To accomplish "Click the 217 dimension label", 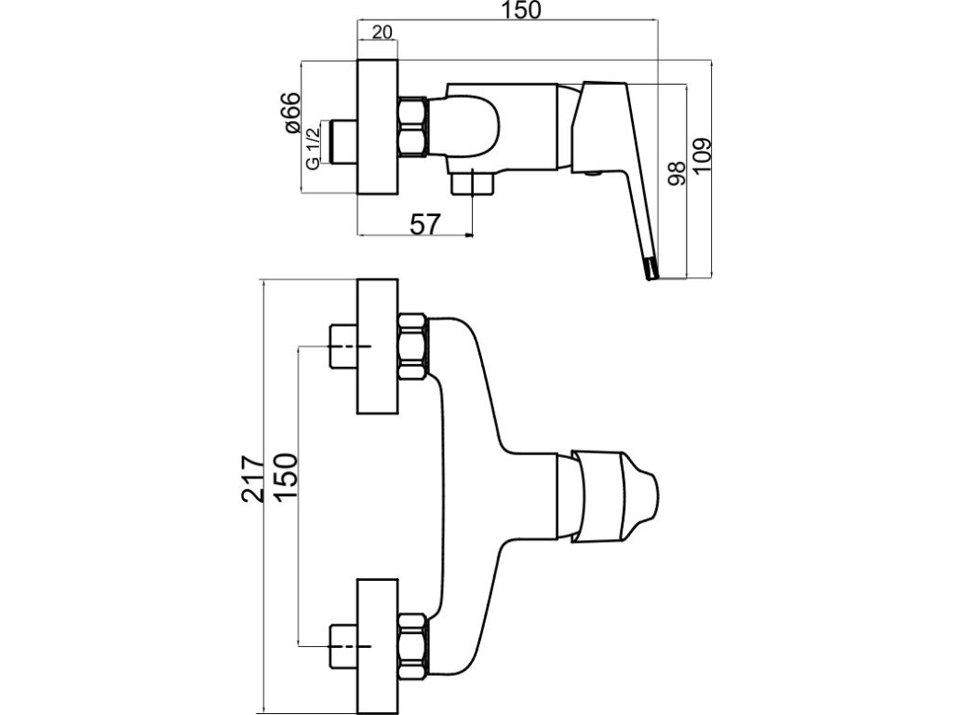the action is (253, 479).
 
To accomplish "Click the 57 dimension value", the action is (424, 224).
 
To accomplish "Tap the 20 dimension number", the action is (382, 32).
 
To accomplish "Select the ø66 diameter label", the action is (291, 112).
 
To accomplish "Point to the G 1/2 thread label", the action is (313, 148).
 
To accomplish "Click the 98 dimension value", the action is (677, 173).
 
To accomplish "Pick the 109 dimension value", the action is (702, 155).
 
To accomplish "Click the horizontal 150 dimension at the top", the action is (522, 10).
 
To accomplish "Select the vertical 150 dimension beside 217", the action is (287, 478).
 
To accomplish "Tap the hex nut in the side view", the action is (413, 128).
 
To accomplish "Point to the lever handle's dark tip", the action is (651, 269).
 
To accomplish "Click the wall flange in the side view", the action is (378, 128).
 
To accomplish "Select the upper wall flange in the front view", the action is (378, 346).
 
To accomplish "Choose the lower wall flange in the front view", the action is (378, 646).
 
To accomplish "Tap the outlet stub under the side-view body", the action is (472, 183).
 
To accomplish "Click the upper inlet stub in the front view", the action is (342, 346).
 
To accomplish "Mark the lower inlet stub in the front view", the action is (342, 645).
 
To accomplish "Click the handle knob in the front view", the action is (614, 496).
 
